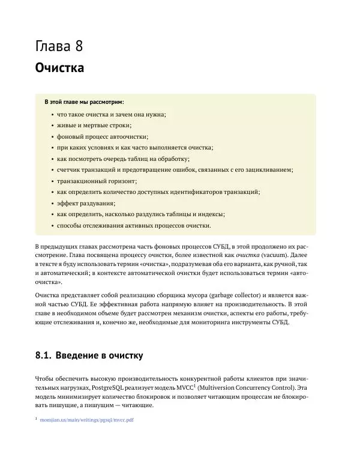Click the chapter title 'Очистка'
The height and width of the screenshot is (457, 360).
[59, 67]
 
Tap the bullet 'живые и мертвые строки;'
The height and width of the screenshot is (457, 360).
[94, 125]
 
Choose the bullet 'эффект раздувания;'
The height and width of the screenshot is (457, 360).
[86, 203]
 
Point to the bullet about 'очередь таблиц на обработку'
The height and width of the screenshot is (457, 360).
[123, 159]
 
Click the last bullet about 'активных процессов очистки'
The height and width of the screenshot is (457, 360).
[134, 225]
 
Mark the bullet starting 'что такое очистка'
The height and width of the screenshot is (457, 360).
[111, 114]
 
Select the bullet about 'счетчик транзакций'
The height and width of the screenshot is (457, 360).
[175, 170]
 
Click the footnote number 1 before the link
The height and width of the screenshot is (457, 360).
[36, 419]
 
